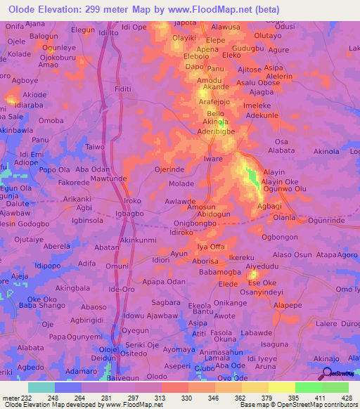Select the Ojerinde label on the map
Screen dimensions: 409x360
point(169,169)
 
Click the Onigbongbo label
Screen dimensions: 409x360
point(194,223)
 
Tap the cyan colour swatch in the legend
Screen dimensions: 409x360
point(41,387)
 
